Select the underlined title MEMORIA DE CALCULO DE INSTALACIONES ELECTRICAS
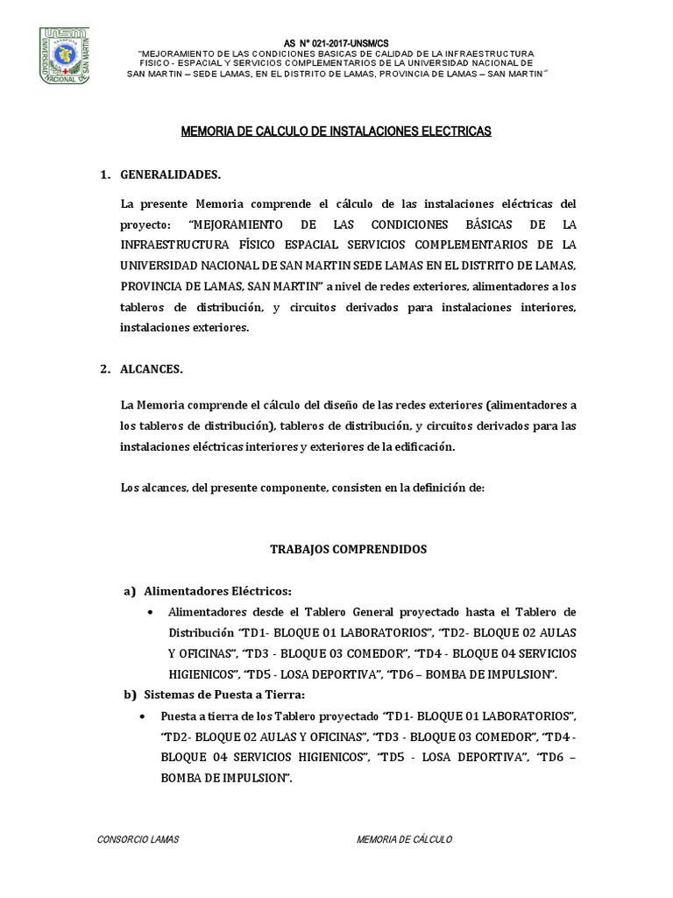pyautogui.click(x=336, y=132)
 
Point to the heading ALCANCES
pyautogui.click(x=152, y=369)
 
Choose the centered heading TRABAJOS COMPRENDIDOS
pyautogui.click(x=348, y=549)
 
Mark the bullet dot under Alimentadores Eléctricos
pyautogui.click(x=152, y=612)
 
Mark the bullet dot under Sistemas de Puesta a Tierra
pyautogui.click(x=144, y=716)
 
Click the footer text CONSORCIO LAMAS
pyautogui.click(x=138, y=839)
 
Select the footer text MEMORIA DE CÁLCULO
pyautogui.click(x=404, y=839)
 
